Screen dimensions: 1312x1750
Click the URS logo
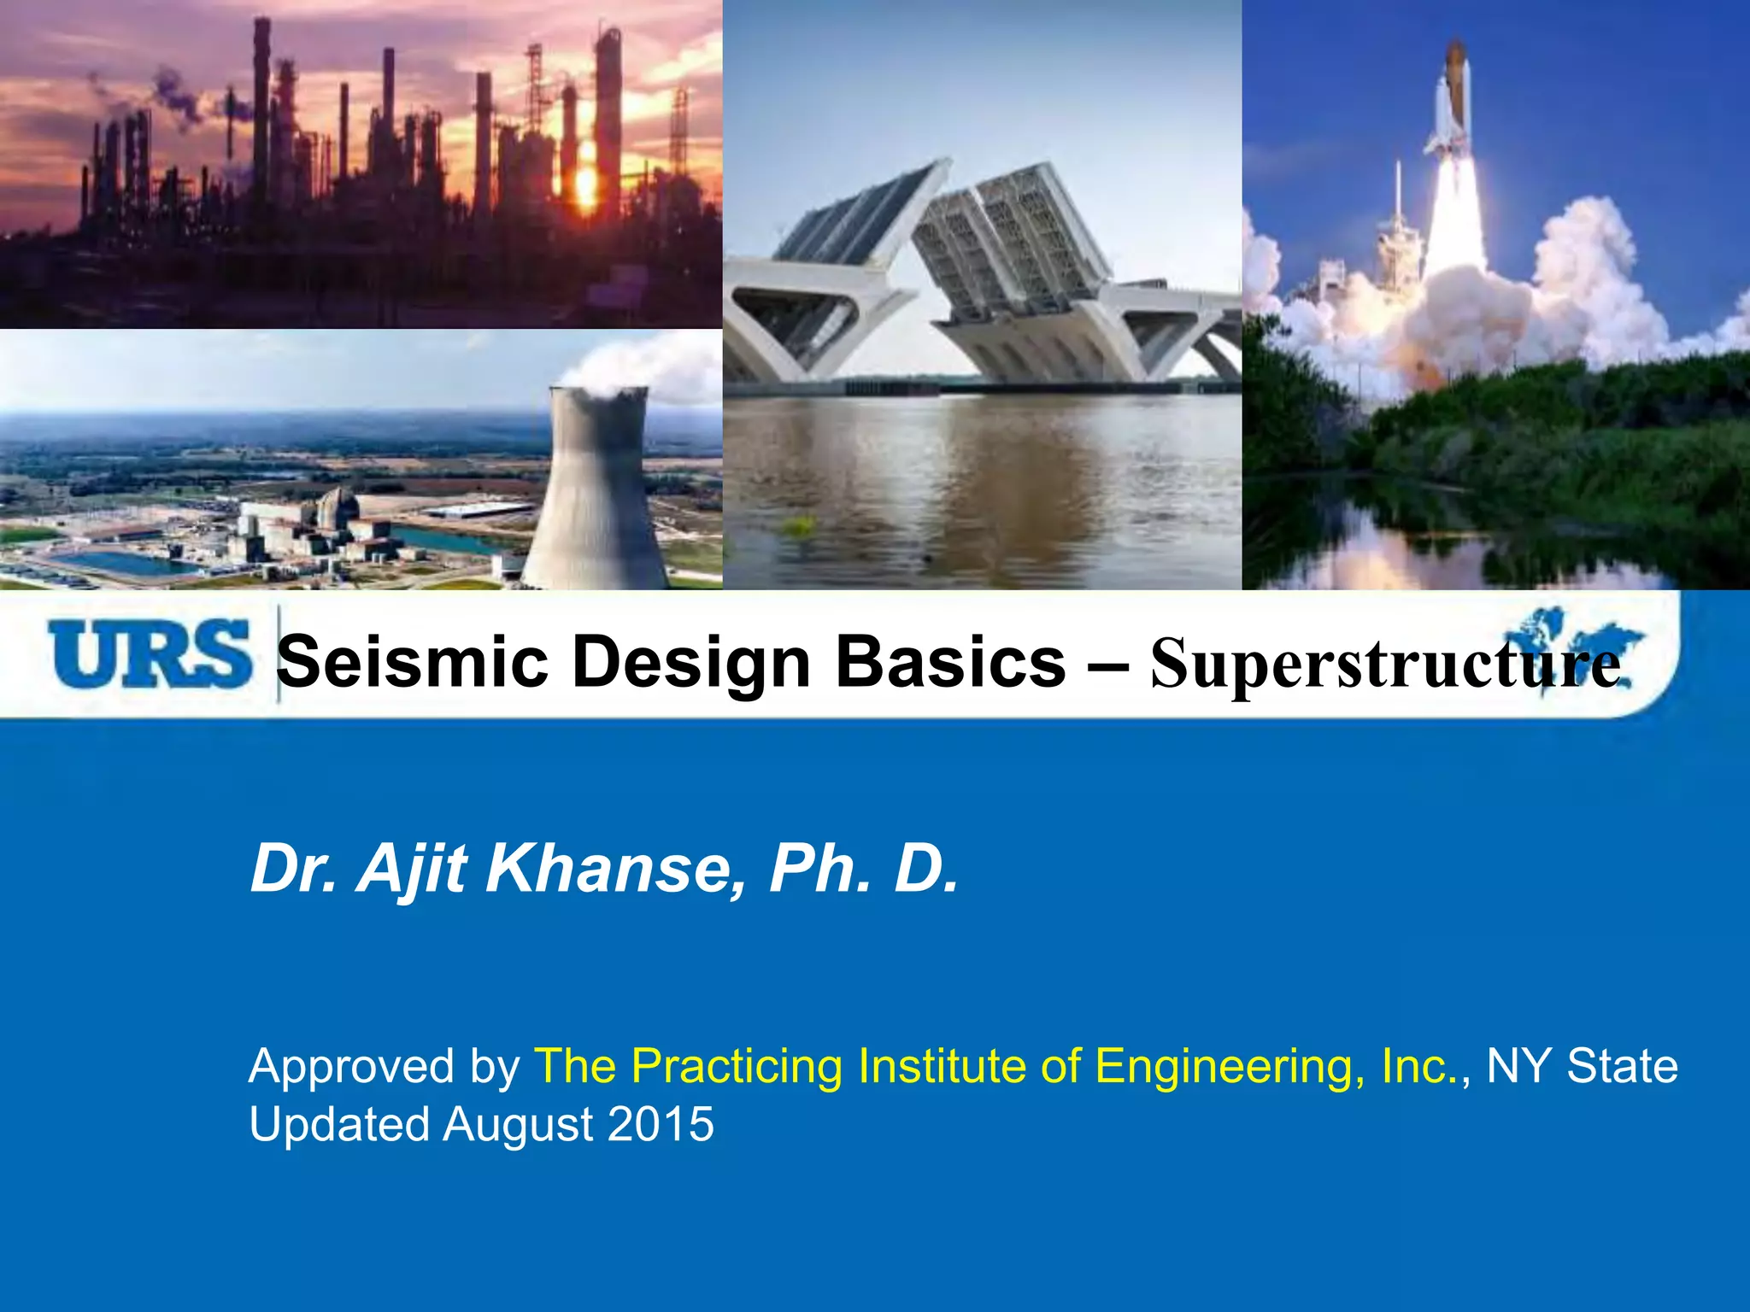[x=150, y=655]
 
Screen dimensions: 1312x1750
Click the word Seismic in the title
[x=413, y=662]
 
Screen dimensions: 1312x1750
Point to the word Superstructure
[x=1384, y=665]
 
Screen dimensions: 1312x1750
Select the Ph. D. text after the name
[x=863, y=870]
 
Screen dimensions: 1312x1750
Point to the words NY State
[x=1582, y=1066]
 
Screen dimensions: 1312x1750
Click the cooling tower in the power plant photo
[x=596, y=495]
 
